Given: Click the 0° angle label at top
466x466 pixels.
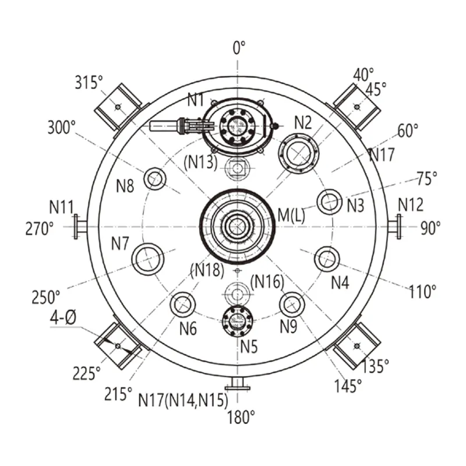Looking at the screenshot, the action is coord(239,48).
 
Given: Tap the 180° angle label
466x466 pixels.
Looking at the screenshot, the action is coord(241,417).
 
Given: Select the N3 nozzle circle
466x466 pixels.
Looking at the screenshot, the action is coord(330,202).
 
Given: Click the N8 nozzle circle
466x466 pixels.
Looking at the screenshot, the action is coord(155,179).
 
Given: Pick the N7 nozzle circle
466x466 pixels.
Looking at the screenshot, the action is coord(148,259).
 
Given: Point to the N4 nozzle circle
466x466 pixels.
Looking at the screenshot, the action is coord(327,259).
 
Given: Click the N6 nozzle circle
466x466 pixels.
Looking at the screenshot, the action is coord(183,305).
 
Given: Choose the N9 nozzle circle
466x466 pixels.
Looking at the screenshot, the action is coord(292,304).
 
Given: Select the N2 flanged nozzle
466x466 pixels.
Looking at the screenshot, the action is coord(299,154).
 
